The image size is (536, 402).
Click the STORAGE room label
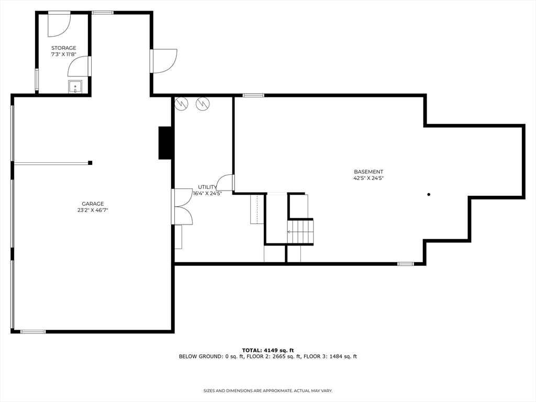[x=63, y=48]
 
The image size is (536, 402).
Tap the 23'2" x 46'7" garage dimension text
[x=92, y=210]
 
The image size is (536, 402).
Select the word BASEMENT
[x=368, y=172]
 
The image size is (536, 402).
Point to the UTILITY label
[x=207, y=187]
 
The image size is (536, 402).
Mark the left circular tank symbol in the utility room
[x=181, y=104]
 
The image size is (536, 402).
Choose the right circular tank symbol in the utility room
[x=202, y=104]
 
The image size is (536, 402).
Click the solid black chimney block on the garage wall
[x=166, y=142]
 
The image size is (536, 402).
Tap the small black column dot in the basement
[x=429, y=195]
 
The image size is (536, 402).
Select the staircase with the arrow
[x=300, y=231]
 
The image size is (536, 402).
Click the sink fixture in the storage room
[x=75, y=86]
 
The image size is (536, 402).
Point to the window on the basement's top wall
[x=253, y=95]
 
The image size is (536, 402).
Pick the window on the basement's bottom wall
[x=405, y=264]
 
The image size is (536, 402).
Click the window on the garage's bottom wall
[x=32, y=331]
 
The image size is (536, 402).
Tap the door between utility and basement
[x=226, y=183]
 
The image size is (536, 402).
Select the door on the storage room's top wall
[x=59, y=24]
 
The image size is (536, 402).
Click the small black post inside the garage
[x=90, y=163]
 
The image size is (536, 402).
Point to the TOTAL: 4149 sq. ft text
[x=268, y=350]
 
